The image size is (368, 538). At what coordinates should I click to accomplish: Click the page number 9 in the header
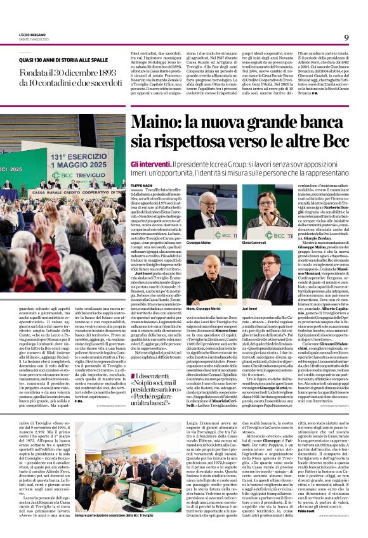346,37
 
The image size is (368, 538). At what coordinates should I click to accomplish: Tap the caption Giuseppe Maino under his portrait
198,241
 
